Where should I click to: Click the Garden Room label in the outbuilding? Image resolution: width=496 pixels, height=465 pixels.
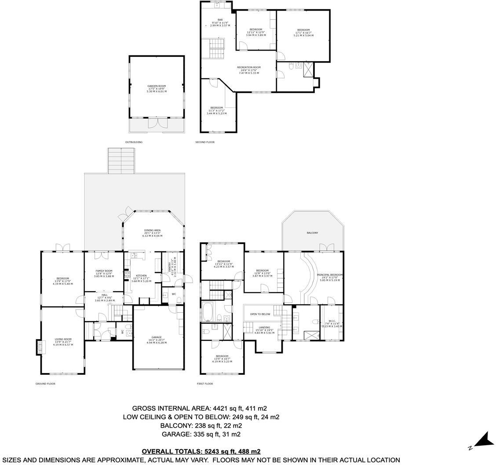156,86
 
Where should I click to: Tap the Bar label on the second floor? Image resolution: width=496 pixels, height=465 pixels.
220,20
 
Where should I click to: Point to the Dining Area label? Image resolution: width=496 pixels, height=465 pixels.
152,230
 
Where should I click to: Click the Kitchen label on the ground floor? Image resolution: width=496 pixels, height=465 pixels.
141,276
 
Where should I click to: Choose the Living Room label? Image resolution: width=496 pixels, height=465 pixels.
63,339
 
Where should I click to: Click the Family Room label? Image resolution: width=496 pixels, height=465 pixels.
104,271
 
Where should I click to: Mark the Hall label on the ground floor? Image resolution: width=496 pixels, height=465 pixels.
104,295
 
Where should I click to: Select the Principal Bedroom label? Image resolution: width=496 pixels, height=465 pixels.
330,275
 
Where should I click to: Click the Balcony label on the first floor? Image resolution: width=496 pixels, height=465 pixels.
312,232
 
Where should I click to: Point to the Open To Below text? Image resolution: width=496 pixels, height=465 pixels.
260,314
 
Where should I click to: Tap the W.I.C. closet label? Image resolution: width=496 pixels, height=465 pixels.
332,321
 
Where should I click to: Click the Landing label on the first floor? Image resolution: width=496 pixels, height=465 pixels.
264,327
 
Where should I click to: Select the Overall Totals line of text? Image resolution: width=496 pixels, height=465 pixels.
201,451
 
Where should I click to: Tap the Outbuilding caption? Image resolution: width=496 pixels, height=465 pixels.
134,142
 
